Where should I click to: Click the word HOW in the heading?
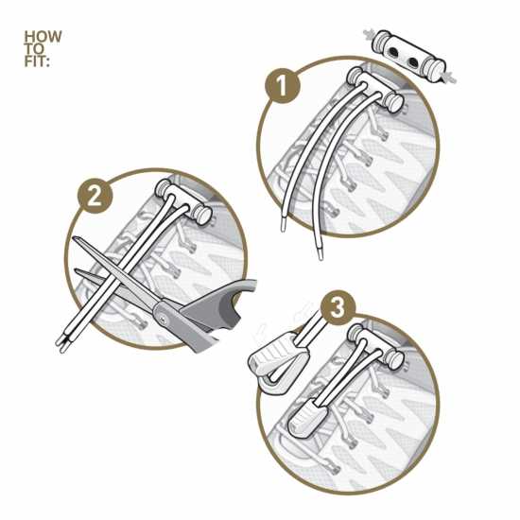point(43,37)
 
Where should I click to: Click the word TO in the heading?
point(34,49)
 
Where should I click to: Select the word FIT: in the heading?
point(37,61)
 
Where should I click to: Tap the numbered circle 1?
point(283,86)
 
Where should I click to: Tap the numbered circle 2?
point(95,197)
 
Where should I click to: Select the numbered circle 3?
point(338,308)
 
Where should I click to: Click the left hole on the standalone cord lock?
point(393,52)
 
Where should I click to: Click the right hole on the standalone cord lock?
point(413,61)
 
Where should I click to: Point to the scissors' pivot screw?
point(164,320)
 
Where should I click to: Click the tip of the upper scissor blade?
point(75,237)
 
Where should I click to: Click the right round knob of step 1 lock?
point(393,102)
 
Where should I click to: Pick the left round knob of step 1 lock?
point(355,76)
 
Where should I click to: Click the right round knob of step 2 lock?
point(202,216)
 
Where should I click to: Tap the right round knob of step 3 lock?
point(394,359)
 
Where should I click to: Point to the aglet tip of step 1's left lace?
point(284,225)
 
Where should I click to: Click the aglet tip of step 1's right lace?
point(320,252)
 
